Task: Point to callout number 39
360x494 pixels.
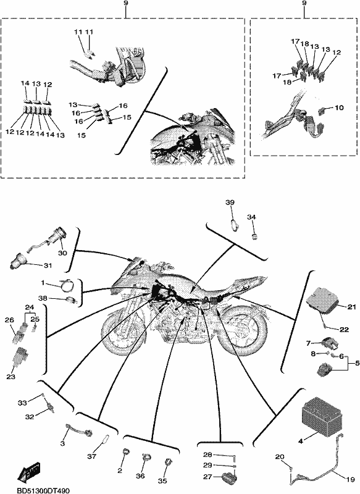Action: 230,203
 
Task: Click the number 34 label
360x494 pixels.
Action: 251,217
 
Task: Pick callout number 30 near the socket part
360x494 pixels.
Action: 63,253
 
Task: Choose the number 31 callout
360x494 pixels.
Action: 48,266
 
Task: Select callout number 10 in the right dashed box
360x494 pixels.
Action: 339,107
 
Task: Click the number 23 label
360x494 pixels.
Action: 11,376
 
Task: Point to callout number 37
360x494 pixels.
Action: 91,456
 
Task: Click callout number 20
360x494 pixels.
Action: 279,456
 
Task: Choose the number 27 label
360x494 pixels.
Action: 207,477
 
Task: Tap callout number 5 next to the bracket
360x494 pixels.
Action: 357,363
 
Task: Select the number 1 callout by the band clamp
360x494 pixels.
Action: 43,283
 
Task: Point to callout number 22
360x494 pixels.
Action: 344,330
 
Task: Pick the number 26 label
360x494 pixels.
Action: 10,320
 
